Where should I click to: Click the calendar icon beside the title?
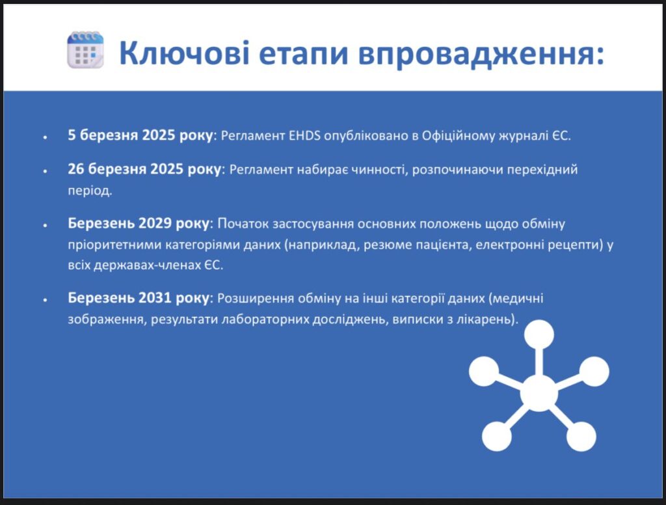pos(85,49)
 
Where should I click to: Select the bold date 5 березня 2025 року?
pos(140,135)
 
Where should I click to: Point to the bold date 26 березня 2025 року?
pos(144,169)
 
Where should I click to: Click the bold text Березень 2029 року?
pos(139,223)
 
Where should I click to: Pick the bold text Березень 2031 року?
pos(139,298)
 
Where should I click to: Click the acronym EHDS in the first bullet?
pos(304,135)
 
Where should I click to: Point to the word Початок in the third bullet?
pos(243,224)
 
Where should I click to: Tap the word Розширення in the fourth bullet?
pos(255,299)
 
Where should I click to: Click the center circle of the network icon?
pos(539,393)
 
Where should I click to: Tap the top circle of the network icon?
pos(539,334)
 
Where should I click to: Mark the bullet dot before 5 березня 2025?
pos(45,137)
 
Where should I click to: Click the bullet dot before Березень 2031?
pos(45,300)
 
